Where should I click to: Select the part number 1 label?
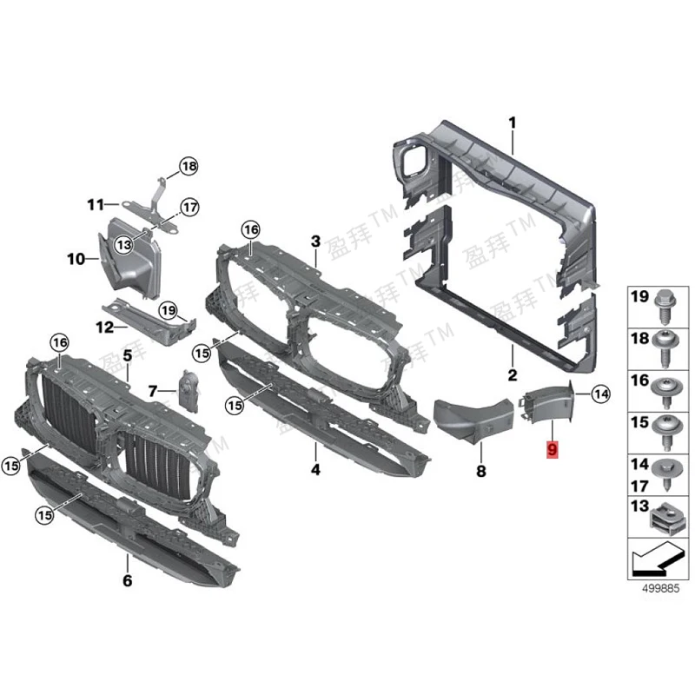pos(513,123)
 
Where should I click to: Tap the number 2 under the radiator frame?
pos(513,375)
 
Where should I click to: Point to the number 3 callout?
pos(316,241)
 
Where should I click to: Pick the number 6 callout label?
pos(127,580)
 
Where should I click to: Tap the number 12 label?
pos(105,328)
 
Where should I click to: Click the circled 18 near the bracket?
pos(189,166)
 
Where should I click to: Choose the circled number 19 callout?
pos(168,309)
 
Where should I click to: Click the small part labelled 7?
pos(188,387)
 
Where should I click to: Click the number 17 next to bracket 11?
pos(189,208)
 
